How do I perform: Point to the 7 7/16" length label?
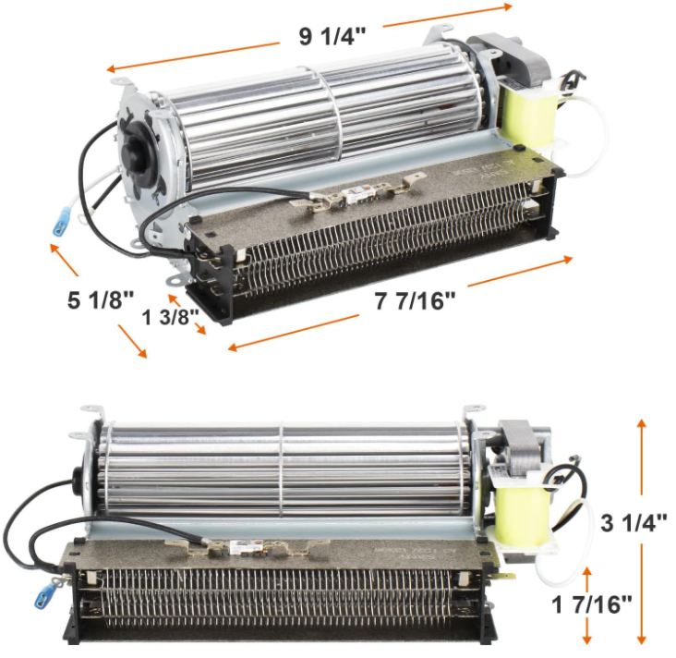pyautogui.click(x=415, y=300)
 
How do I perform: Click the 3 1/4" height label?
pyautogui.click(x=634, y=522)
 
